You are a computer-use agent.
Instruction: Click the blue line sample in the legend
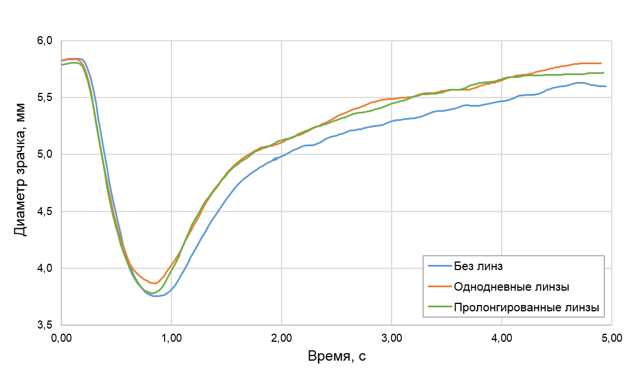pos(439,266)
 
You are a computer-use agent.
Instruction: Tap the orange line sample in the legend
pos(439,287)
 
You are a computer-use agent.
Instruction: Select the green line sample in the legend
pos(439,307)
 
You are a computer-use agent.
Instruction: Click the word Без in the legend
pos(463,266)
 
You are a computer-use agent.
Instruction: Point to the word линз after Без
pos(491,266)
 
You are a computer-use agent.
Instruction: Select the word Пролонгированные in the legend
pos(503,307)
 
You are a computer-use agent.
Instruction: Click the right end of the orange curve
pos(601,64)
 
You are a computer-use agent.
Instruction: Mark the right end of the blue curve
pos(605,87)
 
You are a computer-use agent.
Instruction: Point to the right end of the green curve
pos(603,73)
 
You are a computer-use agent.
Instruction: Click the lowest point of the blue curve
pos(158,296)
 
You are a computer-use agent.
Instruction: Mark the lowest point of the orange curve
pos(154,283)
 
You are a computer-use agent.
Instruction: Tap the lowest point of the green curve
pos(153,294)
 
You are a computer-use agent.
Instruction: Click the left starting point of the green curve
pos(62,65)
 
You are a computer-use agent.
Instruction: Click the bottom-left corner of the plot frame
pos(61,325)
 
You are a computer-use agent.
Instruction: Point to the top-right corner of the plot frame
pos(612,41)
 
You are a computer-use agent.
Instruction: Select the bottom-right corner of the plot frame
pos(612,325)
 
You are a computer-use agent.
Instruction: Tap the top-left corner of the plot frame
pos(61,41)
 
